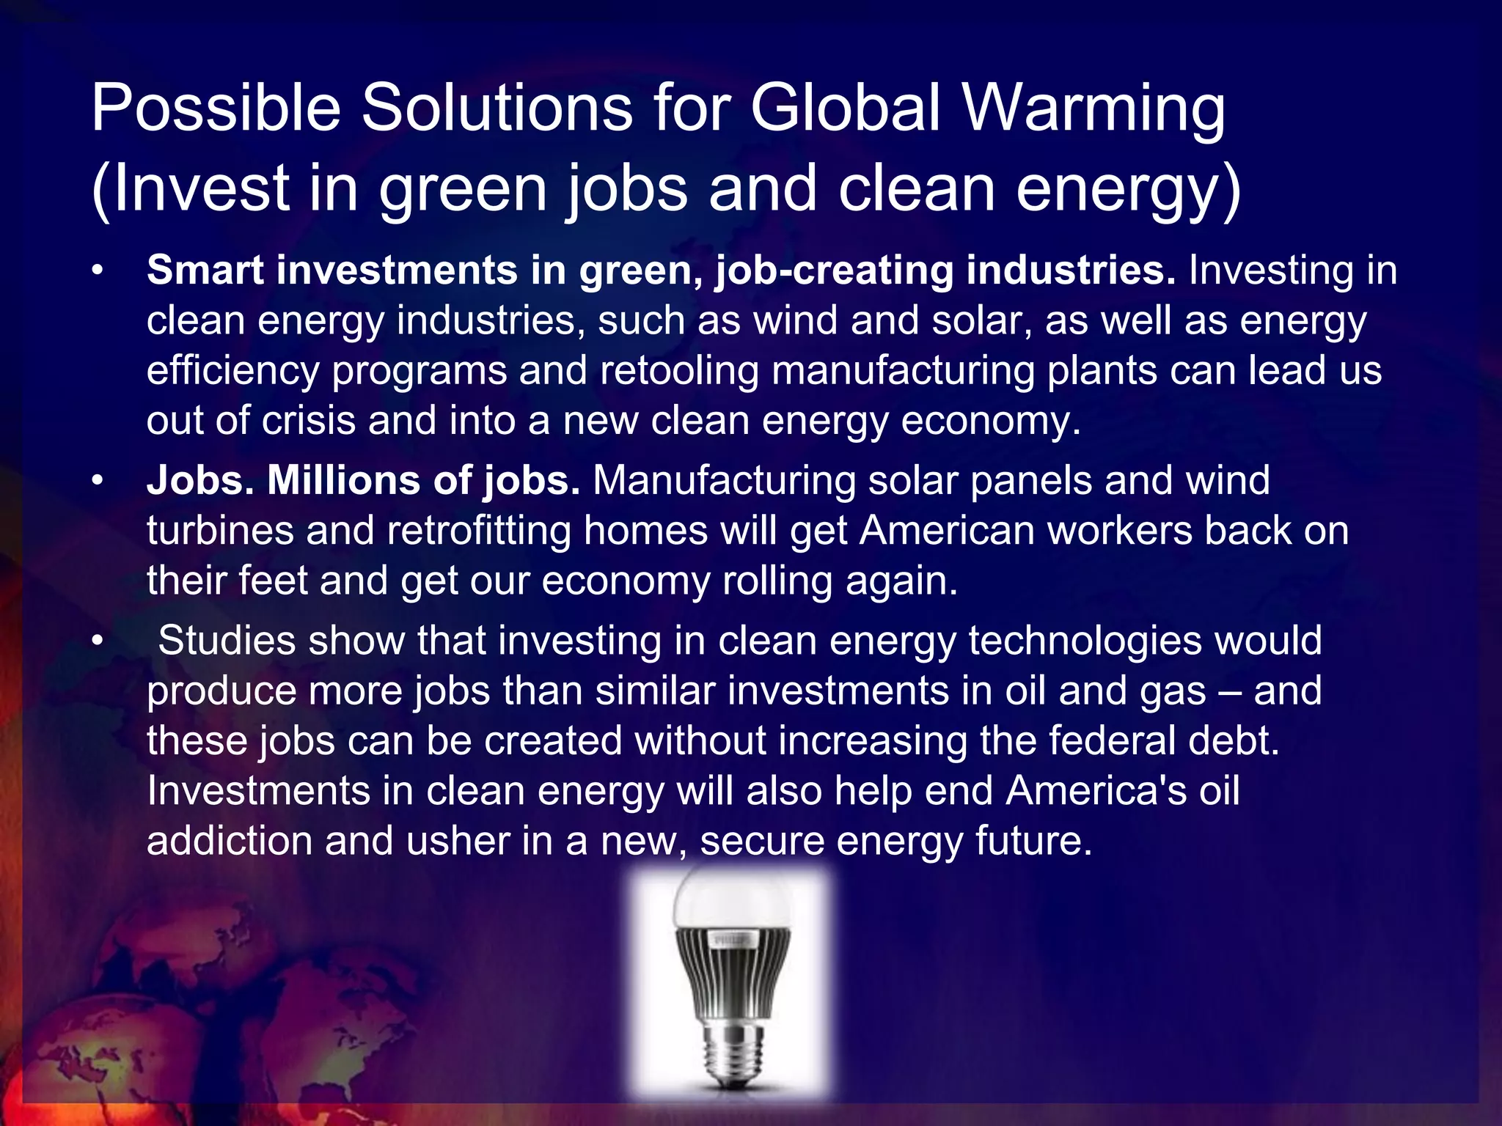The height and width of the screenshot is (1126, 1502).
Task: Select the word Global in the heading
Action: tap(845, 107)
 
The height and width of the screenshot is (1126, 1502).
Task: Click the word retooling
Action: tap(679, 370)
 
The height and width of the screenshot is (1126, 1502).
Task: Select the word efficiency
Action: tap(232, 371)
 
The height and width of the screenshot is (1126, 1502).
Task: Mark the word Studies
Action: tap(227, 640)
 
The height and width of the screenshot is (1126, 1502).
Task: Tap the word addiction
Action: tap(230, 840)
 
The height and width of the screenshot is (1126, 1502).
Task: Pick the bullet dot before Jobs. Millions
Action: tap(97, 482)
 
